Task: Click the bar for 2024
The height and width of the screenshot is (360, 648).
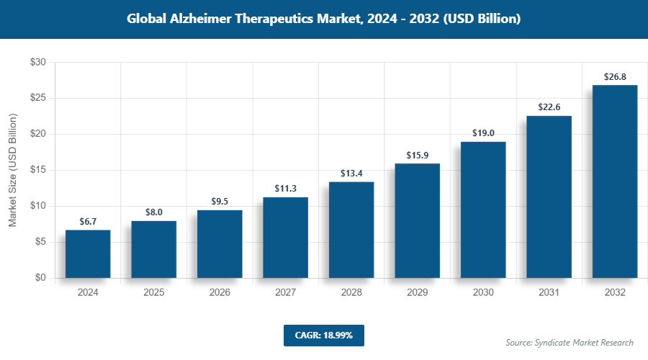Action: pos(88,253)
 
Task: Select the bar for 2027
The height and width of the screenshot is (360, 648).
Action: pos(285,237)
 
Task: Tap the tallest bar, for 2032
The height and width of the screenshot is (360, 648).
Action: pos(615,181)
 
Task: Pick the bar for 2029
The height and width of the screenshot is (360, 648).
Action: pos(417,220)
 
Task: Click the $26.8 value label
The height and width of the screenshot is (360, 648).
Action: pos(615,76)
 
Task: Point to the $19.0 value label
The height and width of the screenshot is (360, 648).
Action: pos(483,132)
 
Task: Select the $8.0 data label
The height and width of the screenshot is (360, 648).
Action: pos(153,212)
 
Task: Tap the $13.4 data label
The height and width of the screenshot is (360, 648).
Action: pos(351,173)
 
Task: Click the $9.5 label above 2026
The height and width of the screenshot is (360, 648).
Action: pos(220,201)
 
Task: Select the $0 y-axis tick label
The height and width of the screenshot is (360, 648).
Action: pos(40,278)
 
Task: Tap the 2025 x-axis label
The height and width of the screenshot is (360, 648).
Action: pos(153,293)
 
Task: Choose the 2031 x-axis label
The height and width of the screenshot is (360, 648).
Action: pos(549,293)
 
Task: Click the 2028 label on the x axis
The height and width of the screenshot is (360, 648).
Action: pos(351,293)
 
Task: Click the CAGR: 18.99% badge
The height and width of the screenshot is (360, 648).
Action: pos(323,336)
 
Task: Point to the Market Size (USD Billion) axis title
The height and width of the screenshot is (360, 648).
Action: pos(12,170)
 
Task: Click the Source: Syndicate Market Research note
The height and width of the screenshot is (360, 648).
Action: pos(569,342)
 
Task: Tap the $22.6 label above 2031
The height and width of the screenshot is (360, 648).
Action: pos(549,107)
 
